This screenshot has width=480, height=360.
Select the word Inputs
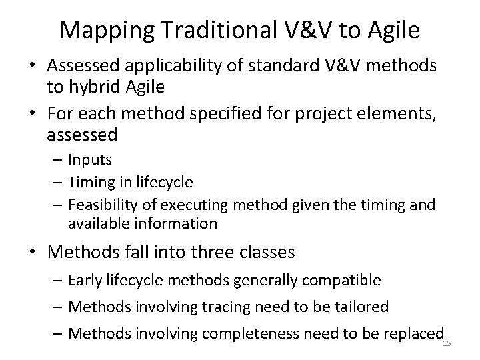(x=91, y=160)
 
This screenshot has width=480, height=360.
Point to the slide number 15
(x=447, y=343)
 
